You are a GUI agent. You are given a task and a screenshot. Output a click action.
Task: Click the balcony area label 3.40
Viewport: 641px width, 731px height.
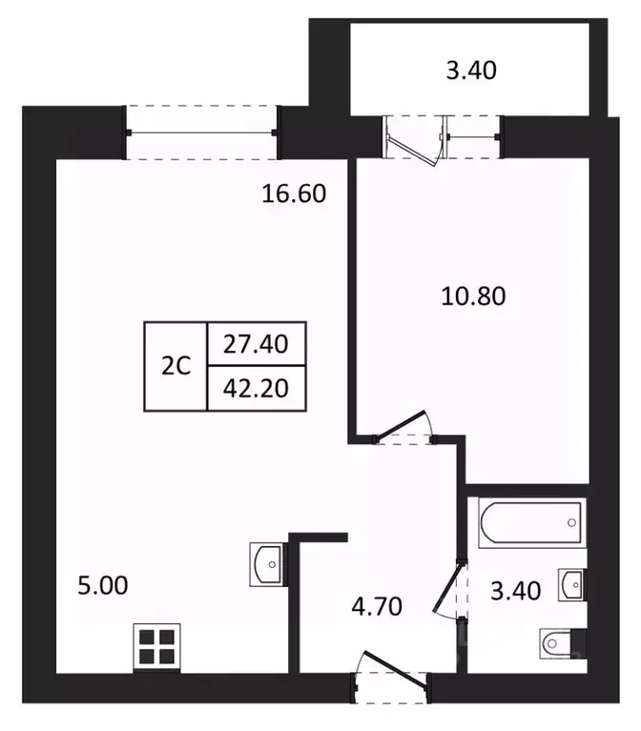coord(471,71)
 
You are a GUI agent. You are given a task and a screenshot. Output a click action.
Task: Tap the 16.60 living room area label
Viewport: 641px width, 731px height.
coord(295,194)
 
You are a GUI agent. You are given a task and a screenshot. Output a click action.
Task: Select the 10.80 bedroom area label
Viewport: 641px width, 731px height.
coord(472,295)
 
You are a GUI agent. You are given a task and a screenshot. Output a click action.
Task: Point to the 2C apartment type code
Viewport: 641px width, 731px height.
coord(176,367)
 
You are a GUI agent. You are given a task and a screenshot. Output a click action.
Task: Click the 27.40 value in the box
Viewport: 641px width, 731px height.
coord(256,344)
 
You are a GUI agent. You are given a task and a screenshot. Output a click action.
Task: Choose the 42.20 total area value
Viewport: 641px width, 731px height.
coord(256,388)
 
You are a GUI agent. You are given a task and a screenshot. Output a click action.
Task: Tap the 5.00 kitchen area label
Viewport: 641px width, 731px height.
coord(102,585)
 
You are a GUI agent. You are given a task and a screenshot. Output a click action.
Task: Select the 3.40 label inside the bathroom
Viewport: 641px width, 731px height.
coord(514,591)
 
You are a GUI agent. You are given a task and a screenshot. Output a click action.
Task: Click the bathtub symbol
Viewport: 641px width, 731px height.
coord(530,523)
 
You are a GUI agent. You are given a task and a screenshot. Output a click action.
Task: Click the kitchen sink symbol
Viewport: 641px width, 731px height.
coord(266,564)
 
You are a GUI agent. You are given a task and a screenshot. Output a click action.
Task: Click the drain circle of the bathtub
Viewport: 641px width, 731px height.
coord(570,522)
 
